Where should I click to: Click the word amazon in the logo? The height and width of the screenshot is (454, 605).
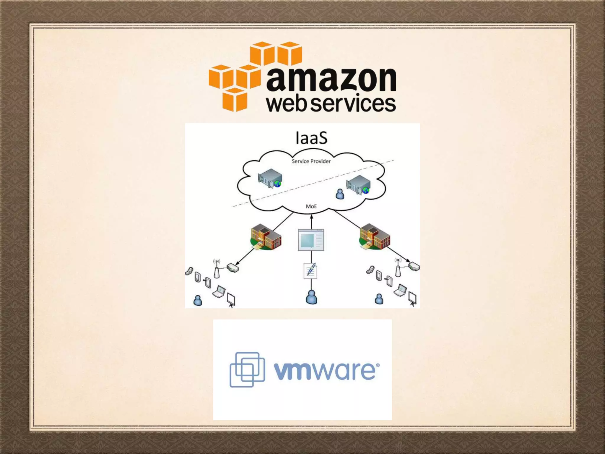(x=331, y=79)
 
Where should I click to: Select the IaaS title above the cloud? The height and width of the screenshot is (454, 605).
(x=311, y=138)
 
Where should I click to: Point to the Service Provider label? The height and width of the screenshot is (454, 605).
(x=311, y=161)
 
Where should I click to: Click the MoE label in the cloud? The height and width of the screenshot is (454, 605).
(x=311, y=206)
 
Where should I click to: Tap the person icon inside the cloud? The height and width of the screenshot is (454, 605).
(x=340, y=194)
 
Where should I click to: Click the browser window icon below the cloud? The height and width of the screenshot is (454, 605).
(x=311, y=240)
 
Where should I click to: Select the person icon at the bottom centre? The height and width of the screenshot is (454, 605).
(x=311, y=297)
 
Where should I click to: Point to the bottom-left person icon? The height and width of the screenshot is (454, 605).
(x=198, y=300)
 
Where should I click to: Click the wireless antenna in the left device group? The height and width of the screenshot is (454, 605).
(x=217, y=269)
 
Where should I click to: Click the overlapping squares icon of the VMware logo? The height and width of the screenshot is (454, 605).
(x=247, y=369)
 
